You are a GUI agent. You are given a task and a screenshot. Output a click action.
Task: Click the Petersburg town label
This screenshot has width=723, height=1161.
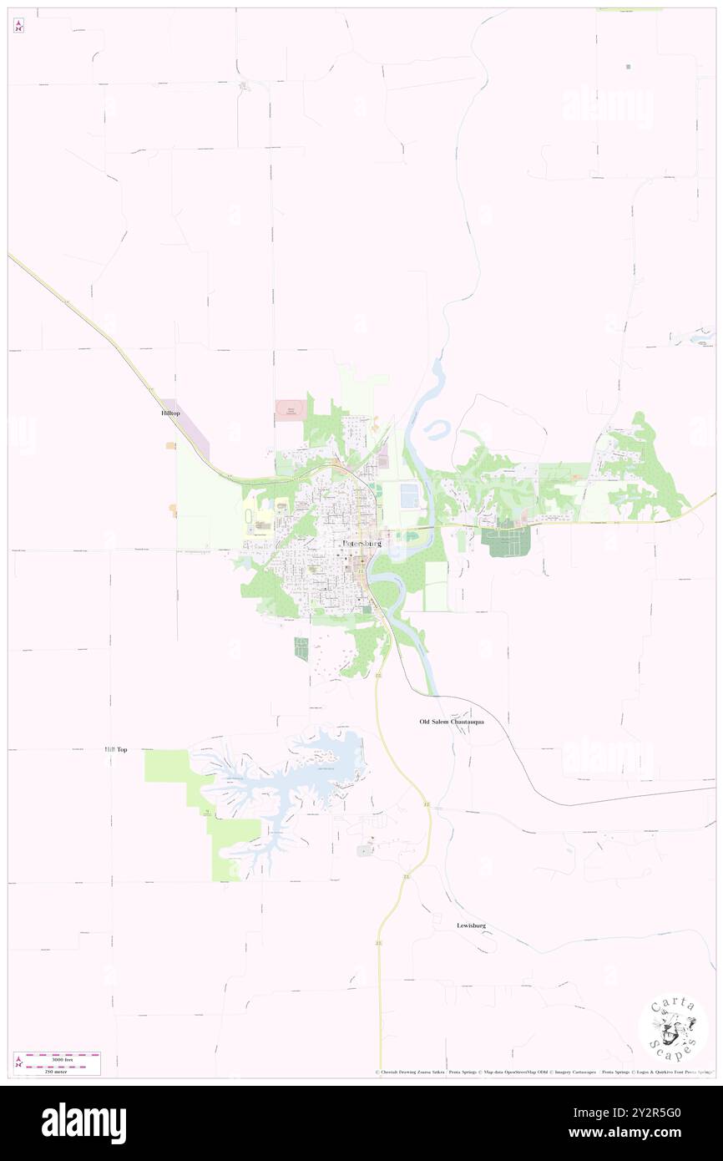coord(361,543)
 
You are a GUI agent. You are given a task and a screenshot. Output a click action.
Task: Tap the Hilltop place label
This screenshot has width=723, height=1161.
coord(170,413)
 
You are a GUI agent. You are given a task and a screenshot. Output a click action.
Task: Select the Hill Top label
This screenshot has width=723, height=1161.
coord(116,750)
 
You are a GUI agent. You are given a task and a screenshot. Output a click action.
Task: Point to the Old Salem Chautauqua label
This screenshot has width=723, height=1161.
coord(452,721)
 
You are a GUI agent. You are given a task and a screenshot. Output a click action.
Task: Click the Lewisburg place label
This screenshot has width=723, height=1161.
coord(471,925)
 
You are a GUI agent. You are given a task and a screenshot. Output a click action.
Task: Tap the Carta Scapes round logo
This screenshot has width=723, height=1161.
coord(673,1028)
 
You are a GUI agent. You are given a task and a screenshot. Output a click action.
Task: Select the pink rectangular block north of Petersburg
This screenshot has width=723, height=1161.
coord(291,410)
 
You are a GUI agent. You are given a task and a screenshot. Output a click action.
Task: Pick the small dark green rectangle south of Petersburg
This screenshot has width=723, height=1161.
coord(301,648)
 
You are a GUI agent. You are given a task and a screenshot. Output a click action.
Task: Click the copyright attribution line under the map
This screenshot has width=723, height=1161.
coord(543,1072)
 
